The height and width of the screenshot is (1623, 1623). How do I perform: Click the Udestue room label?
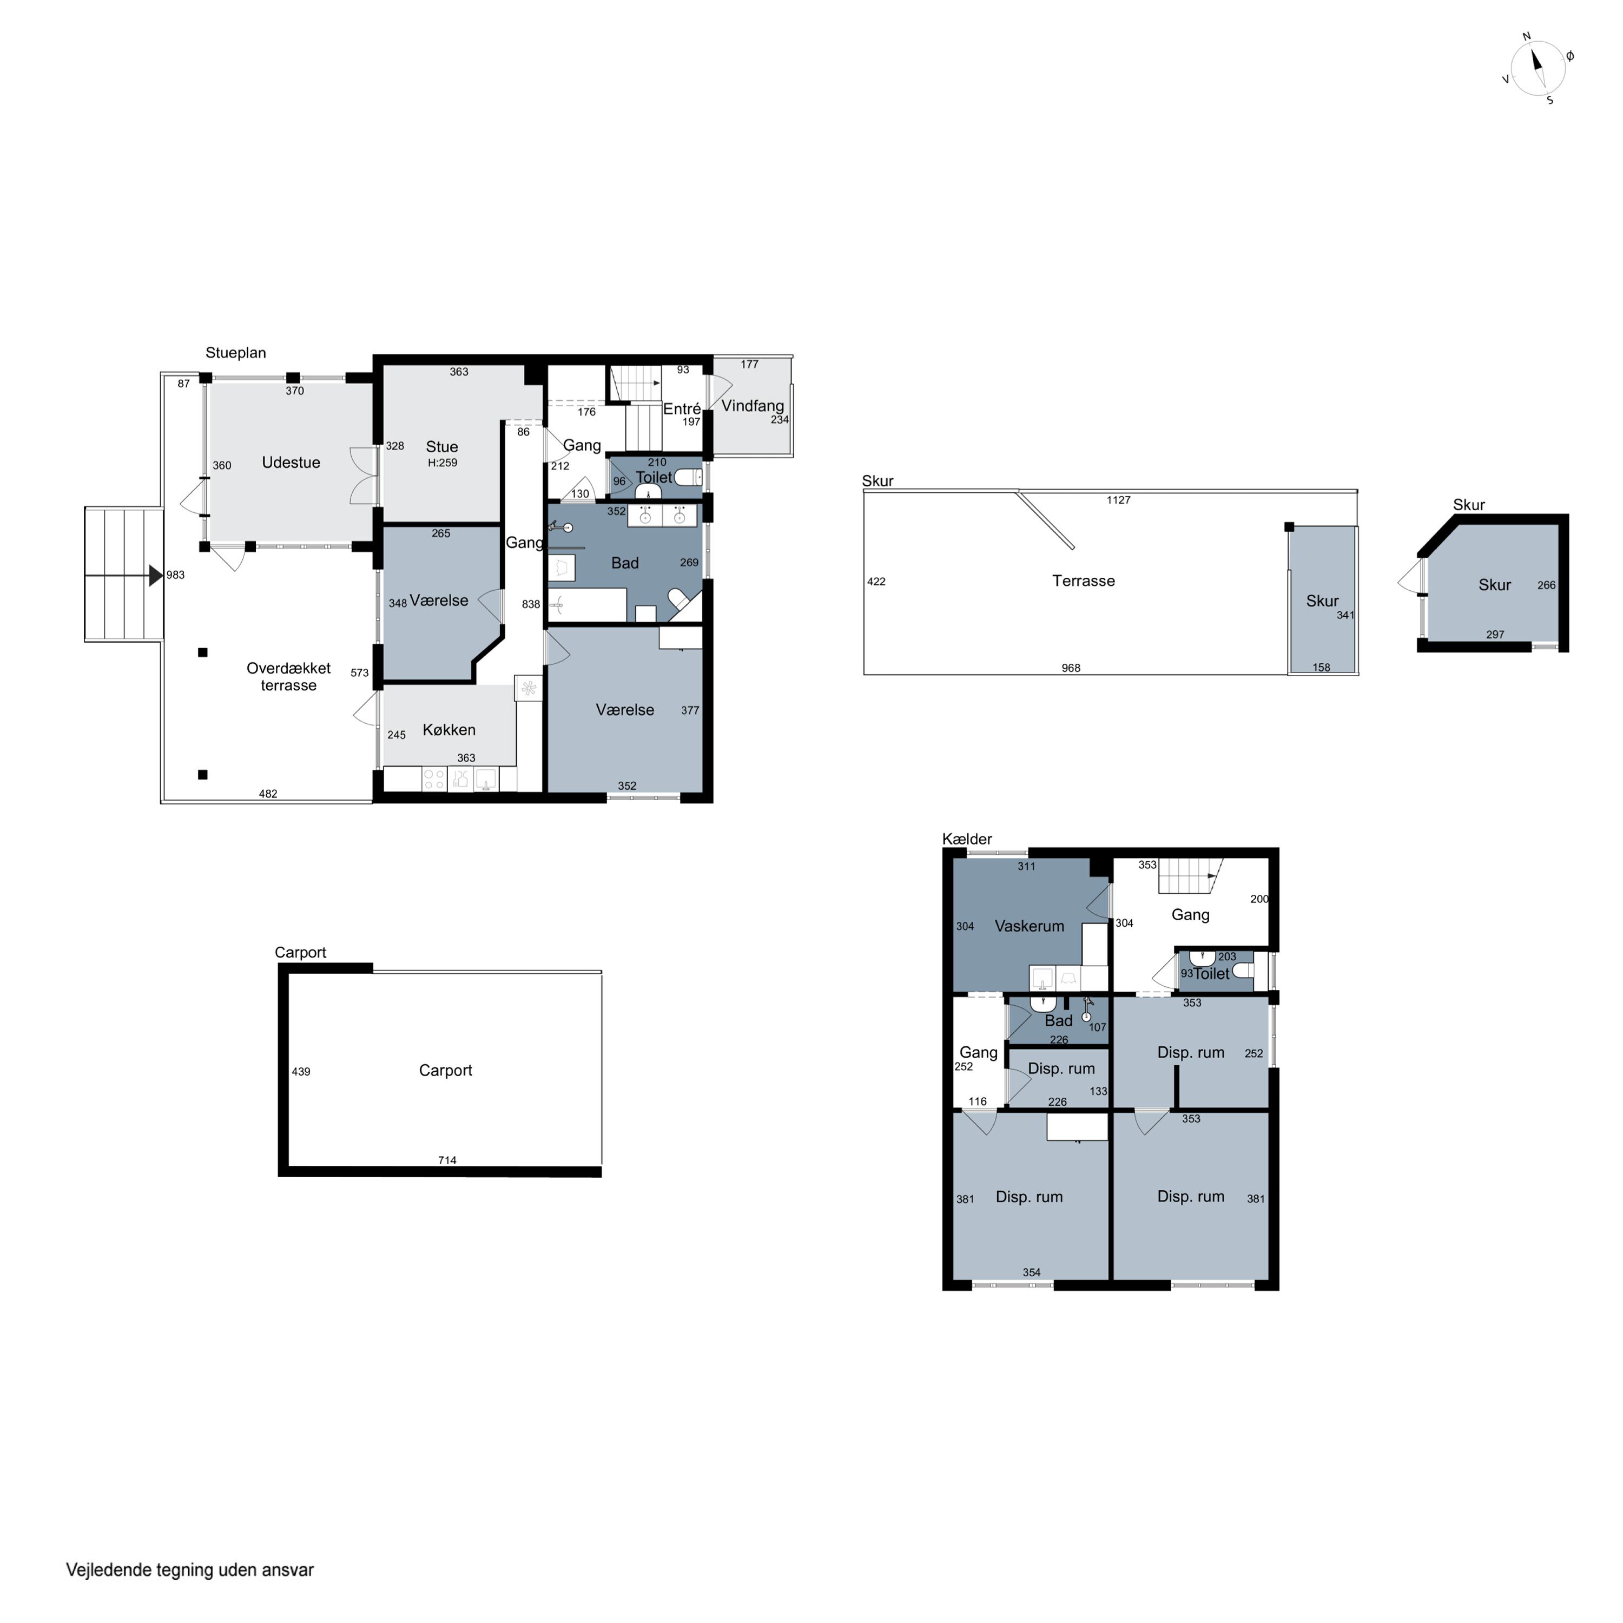(291, 463)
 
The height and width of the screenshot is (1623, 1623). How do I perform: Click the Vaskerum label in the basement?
(1029, 927)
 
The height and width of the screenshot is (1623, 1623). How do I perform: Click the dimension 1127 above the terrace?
(1118, 500)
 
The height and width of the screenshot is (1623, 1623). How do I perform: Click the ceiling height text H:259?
(442, 463)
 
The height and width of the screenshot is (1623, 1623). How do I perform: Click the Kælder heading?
(967, 839)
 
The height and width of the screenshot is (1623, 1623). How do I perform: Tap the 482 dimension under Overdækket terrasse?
(268, 794)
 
